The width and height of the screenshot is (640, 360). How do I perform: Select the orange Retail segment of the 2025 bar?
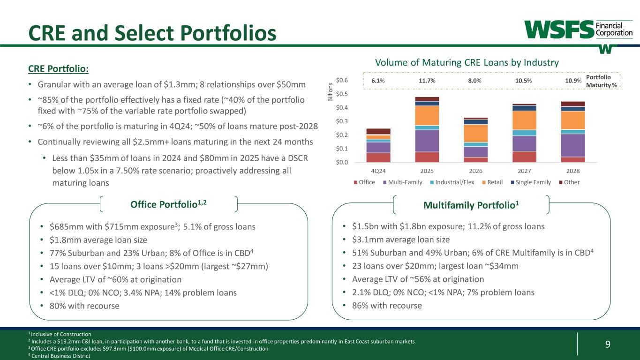click(x=427, y=115)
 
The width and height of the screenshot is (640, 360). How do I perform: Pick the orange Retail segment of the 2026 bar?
click(x=475, y=133)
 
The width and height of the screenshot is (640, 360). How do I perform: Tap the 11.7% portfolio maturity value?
click(x=427, y=81)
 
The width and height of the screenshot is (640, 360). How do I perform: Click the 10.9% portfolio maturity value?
click(x=573, y=81)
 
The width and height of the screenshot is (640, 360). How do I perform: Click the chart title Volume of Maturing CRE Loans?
click(x=466, y=62)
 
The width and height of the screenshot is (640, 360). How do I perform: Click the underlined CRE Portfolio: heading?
click(x=58, y=68)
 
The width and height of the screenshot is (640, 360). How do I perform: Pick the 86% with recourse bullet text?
click(x=387, y=306)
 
